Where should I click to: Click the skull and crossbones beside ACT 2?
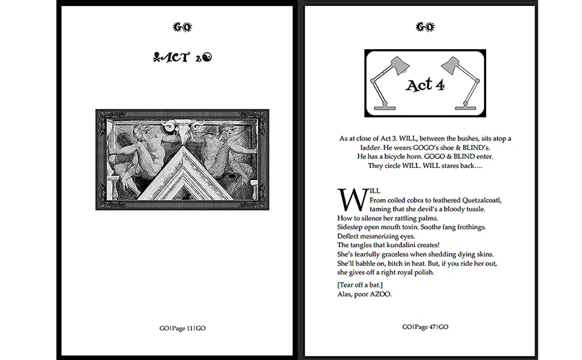click(157, 58)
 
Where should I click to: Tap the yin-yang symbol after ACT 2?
click(208, 58)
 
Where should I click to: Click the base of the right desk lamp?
click(466, 107)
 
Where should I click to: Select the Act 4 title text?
click(425, 85)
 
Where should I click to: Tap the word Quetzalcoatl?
click(481, 200)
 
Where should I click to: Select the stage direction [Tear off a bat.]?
click(359, 284)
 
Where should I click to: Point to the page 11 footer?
click(182, 328)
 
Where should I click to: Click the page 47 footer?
click(425, 327)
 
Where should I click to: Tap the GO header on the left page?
click(182, 27)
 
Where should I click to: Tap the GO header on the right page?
click(425, 27)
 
